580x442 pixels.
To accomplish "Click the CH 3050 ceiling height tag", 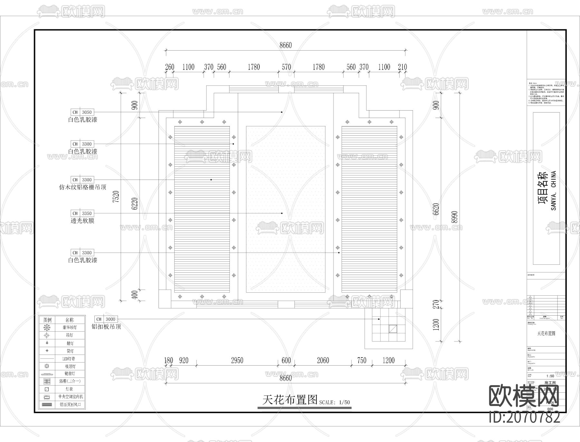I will [x=82, y=112].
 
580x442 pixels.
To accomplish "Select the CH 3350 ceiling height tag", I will [x=82, y=213].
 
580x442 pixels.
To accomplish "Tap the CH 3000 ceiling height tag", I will [x=106, y=319].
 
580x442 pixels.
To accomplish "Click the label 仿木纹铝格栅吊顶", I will [x=83, y=187].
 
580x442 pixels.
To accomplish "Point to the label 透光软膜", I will [x=82, y=221].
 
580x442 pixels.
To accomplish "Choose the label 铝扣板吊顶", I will [x=106, y=327].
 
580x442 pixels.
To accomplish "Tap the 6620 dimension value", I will [x=436, y=209].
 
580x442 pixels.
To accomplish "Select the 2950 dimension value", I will [x=237, y=360].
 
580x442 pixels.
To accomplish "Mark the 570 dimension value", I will [x=286, y=67].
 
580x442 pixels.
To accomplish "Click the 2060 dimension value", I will [x=323, y=360].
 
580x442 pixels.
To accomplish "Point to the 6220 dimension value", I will [x=135, y=203].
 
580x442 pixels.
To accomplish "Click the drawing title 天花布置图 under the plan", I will [x=290, y=400].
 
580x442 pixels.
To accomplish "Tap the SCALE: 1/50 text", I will [x=334, y=402].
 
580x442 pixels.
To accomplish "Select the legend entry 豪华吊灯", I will [x=70, y=328].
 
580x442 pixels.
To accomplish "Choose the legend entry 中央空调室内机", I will [x=70, y=397].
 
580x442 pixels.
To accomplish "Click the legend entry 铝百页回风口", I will [x=70, y=405].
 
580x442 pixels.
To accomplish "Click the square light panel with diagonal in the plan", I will [x=393, y=329].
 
